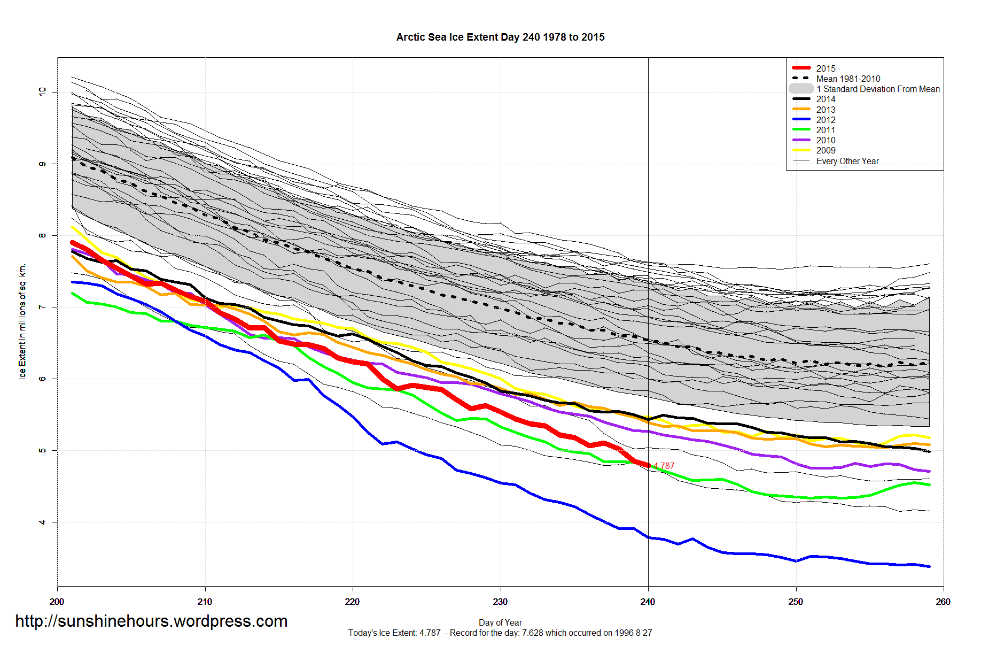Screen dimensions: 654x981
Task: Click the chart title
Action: (x=500, y=37)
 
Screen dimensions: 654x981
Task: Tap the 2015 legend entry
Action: (x=826, y=68)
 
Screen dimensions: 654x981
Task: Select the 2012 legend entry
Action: (x=826, y=120)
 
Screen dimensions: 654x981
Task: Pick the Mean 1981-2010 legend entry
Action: (x=848, y=79)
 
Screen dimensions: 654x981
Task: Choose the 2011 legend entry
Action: (x=826, y=130)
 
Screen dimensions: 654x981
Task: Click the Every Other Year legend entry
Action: (x=847, y=161)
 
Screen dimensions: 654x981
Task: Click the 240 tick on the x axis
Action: (x=648, y=602)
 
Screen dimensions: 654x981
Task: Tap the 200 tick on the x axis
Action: (x=57, y=602)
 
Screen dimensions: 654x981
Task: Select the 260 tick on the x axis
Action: (x=943, y=602)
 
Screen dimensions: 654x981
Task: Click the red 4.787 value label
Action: (x=664, y=466)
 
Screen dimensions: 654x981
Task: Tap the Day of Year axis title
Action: (x=500, y=622)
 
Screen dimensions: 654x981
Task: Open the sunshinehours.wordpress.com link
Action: (x=151, y=621)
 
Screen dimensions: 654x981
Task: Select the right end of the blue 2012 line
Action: (x=929, y=566)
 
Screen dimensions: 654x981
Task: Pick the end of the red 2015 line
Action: (x=648, y=465)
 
